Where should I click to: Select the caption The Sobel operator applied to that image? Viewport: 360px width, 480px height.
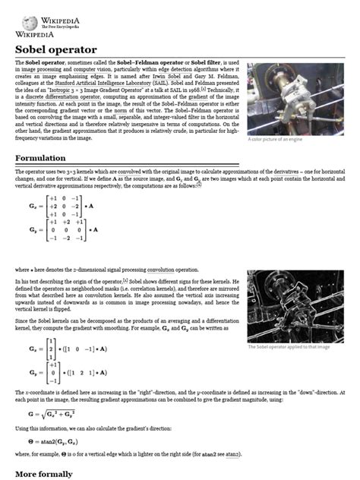pos(289,347)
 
